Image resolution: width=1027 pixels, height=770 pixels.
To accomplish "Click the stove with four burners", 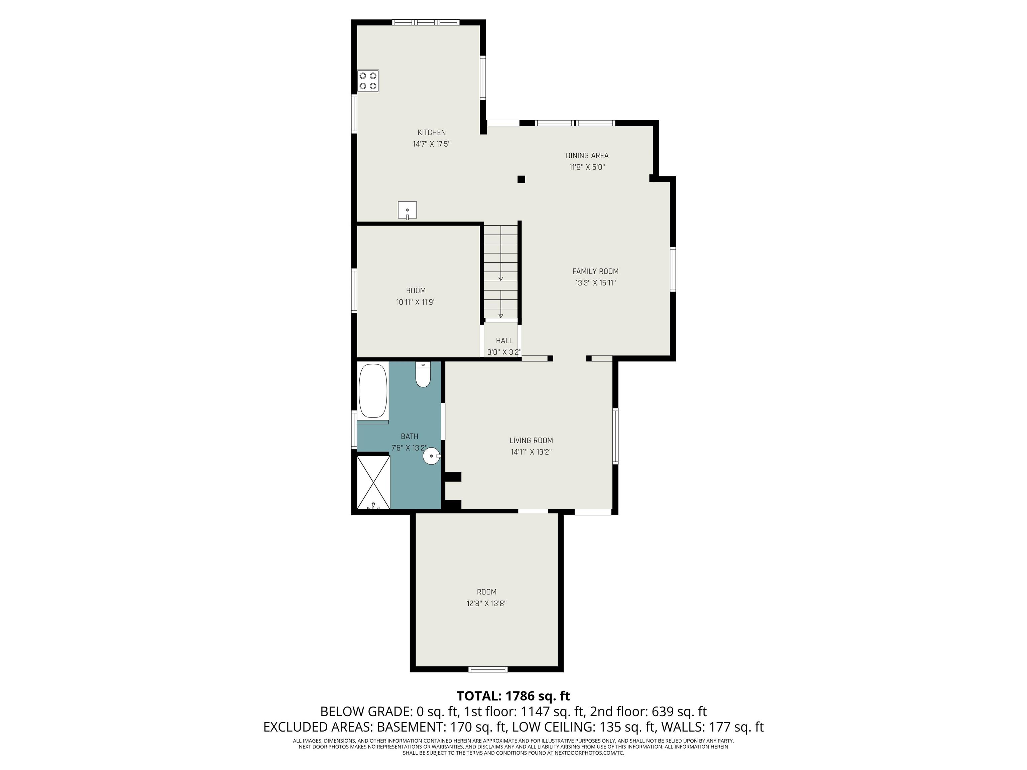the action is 368,81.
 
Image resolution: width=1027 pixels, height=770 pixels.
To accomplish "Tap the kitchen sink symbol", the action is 407,210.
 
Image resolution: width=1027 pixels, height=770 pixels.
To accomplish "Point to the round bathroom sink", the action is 431,456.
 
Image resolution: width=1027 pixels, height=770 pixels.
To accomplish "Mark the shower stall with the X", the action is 373,482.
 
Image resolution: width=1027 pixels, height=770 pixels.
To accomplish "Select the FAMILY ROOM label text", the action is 595,271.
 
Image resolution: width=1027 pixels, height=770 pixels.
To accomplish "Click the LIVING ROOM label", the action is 531,440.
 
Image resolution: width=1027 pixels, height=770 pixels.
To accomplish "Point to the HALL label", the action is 504,341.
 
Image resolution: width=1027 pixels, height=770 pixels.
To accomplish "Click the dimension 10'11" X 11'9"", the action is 416,302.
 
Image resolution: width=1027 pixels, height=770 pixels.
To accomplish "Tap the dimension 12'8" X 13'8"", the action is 486,603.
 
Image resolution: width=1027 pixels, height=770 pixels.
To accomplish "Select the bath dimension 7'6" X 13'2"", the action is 409,448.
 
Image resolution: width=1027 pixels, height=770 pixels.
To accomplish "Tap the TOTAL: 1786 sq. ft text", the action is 513,696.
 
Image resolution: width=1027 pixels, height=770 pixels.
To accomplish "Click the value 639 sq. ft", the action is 679,712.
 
